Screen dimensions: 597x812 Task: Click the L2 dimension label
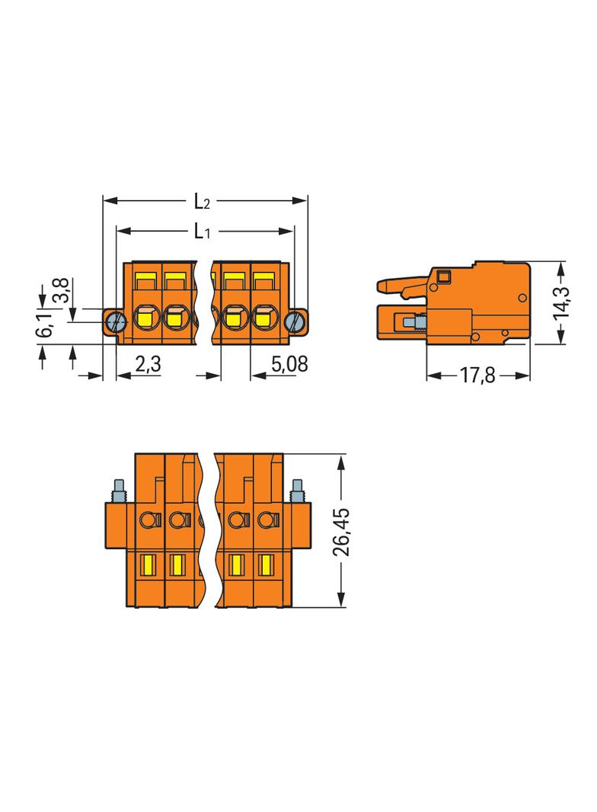[x=202, y=201]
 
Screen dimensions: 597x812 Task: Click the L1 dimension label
[x=202, y=232]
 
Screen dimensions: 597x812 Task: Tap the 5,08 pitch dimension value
[x=289, y=364]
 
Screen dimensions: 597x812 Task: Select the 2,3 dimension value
[x=148, y=364]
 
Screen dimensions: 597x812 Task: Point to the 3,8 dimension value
[x=61, y=290]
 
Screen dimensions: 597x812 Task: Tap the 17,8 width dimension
[x=477, y=376]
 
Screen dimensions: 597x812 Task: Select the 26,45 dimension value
[x=340, y=532]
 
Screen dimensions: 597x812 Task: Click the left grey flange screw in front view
[x=117, y=322]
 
